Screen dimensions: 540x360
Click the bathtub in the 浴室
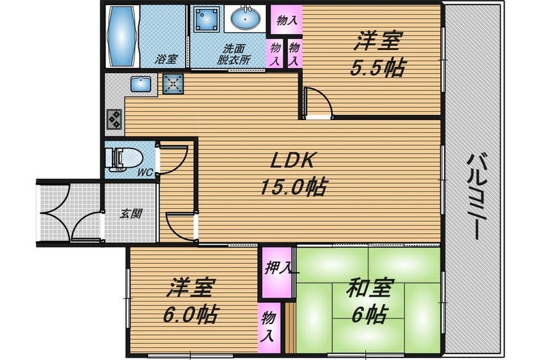click(122, 36)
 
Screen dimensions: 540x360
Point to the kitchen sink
click(141, 84)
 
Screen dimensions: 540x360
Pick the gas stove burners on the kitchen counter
click(114, 119)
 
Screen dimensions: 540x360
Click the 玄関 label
click(131, 213)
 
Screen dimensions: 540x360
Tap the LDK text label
click(292, 160)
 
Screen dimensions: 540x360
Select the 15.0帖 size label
click(293, 187)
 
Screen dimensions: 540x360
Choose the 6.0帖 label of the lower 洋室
click(190, 314)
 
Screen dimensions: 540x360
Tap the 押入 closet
click(277, 272)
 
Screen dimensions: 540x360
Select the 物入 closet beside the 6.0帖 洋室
click(269, 328)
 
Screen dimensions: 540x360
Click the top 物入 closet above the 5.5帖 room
click(286, 20)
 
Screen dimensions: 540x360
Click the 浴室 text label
click(166, 59)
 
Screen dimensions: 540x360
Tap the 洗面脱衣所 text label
click(233, 55)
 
